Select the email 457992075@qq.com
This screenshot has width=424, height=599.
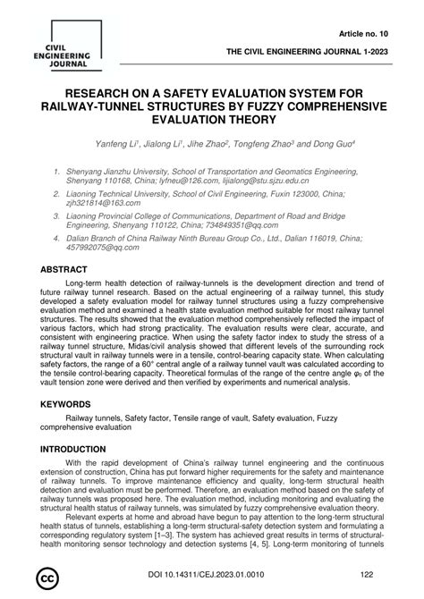click(x=98, y=253)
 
